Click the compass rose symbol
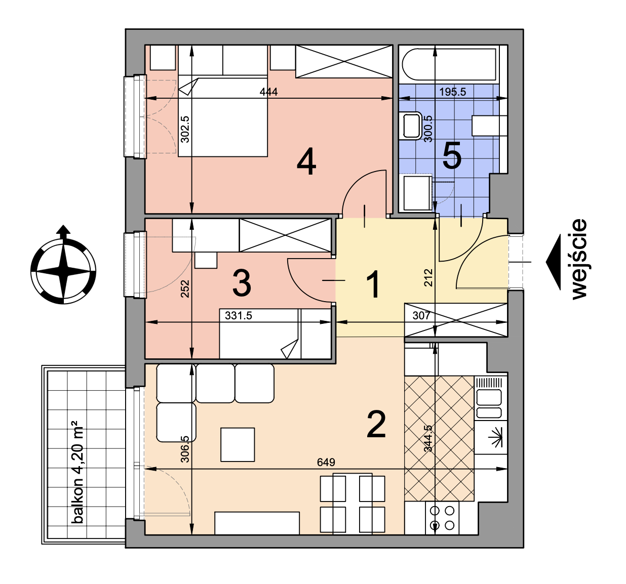[x=63, y=265]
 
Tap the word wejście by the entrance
[x=579, y=259]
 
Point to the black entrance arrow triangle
[x=554, y=262]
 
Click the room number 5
[x=452, y=155]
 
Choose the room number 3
[x=242, y=283]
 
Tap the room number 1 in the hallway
[x=373, y=284]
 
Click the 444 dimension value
[x=268, y=92]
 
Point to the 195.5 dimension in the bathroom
[x=452, y=92]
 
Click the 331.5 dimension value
[x=239, y=315]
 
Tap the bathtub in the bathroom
[x=449, y=64]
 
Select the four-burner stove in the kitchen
[x=442, y=518]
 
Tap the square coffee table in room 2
[x=238, y=444]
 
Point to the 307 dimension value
[x=421, y=315]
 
